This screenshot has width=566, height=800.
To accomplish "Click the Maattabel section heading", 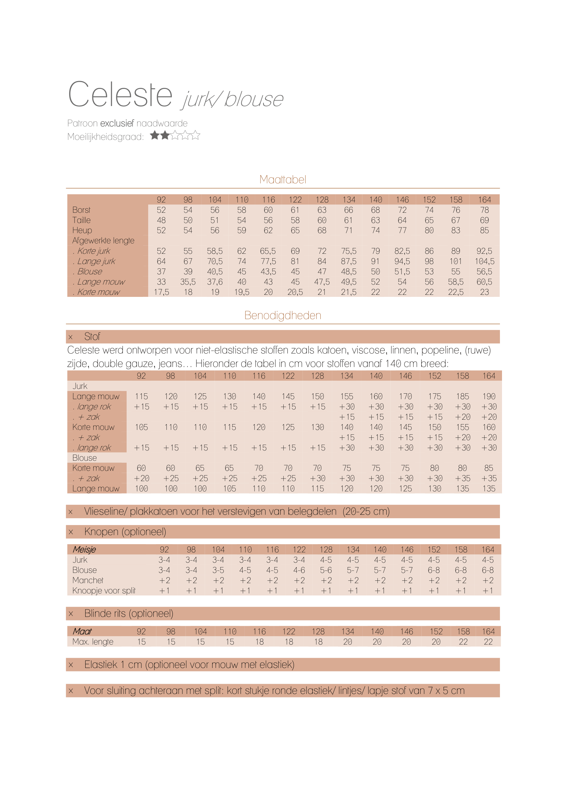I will (x=283, y=180).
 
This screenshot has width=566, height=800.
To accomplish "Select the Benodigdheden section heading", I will (x=283, y=315).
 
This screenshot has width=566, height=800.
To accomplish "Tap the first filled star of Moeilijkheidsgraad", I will (x=155, y=135).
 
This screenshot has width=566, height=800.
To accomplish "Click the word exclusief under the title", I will (x=117, y=123).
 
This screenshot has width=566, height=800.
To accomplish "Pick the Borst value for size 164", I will (x=484, y=210).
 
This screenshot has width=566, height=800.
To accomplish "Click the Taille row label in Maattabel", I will (x=81, y=220).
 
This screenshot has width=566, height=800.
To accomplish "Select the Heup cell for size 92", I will (x=161, y=230).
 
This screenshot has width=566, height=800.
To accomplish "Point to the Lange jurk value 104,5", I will (x=484, y=261).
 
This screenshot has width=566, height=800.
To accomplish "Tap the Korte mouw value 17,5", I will (x=161, y=292).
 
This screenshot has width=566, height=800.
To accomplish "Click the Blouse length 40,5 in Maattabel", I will (x=215, y=272).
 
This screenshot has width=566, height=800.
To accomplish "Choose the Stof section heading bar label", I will (x=92, y=337).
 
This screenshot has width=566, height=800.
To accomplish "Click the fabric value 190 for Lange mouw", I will (x=489, y=396).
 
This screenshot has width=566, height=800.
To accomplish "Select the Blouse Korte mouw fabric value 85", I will (x=489, y=468).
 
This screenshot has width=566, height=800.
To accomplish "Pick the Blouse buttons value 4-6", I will (x=299, y=570).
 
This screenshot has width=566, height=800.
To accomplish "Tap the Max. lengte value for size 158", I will (x=463, y=642).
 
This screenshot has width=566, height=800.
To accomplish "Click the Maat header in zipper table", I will (x=82, y=631).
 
